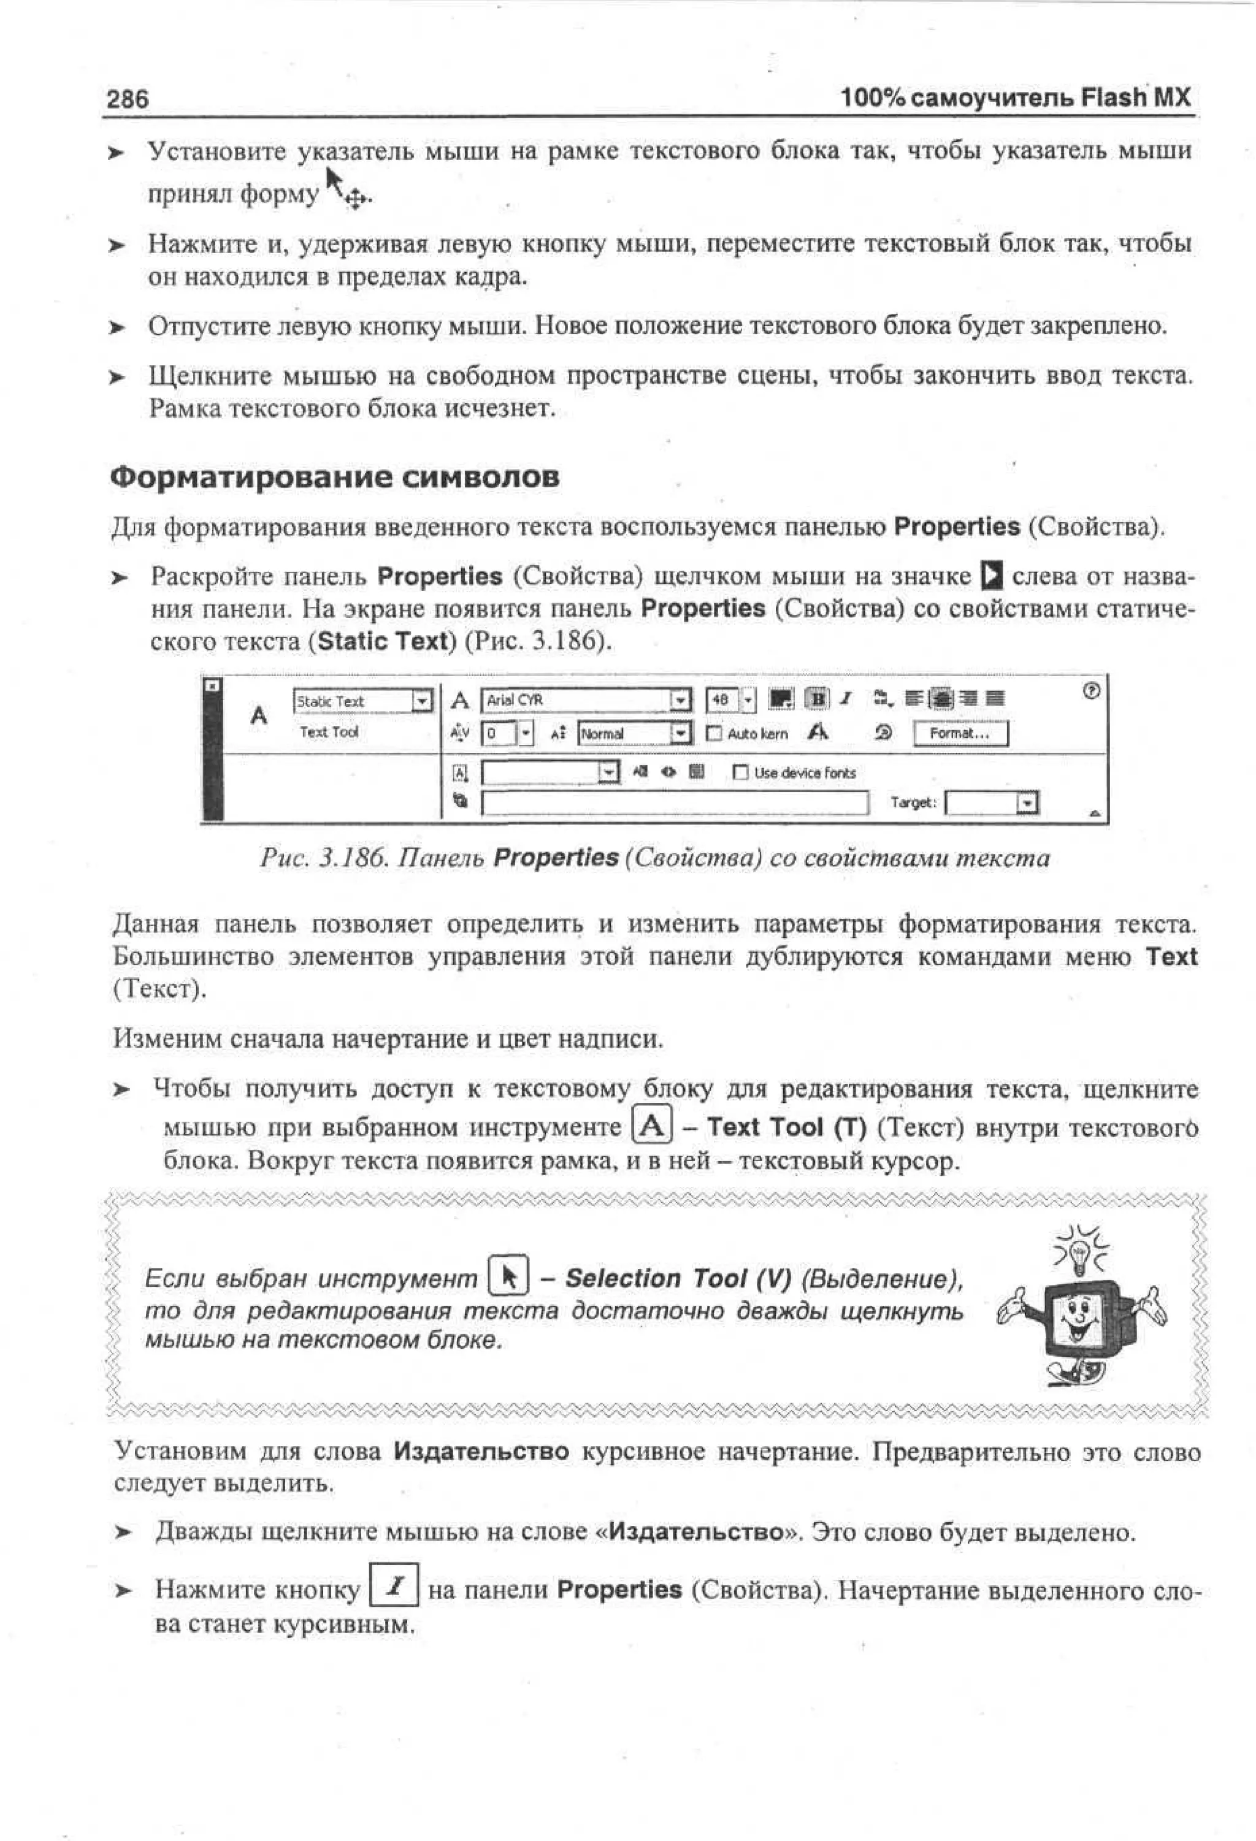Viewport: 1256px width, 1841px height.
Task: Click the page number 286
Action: (128, 99)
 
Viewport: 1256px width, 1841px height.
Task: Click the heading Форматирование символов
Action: (334, 477)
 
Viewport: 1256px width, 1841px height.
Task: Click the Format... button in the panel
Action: (960, 734)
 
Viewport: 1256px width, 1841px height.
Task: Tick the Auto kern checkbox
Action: (714, 734)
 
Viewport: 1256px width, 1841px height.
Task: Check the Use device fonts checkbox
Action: (740, 772)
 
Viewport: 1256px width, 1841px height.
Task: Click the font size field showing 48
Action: (721, 700)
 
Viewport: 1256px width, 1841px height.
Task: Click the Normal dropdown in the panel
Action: (679, 734)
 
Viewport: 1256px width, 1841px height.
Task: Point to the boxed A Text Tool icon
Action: (651, 1126)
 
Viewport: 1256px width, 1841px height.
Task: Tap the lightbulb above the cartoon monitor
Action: (1079, 1253)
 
